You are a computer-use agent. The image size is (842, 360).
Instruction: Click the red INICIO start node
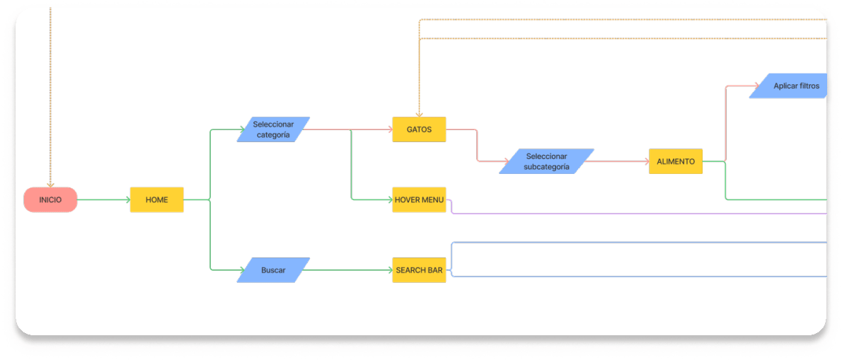(x=50, y=200)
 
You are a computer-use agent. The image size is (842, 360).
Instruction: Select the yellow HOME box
(x=156, y=200)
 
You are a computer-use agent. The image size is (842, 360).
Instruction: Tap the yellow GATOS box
(x=419, y=129)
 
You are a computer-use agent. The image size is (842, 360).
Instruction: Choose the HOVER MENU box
(x=419, y=200)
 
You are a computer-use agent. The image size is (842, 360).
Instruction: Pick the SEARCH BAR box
(x=419, y=270)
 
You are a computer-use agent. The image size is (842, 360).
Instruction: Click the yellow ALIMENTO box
(x=675, y=161)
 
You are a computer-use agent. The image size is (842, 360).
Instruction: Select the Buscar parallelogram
(x=273, y=270)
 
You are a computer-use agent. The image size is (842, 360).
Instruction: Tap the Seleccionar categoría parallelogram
(x=273, y=130)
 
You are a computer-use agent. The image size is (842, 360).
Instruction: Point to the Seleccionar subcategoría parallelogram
(x=546, y=161)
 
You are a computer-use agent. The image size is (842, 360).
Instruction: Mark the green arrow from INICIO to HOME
(x=103, y=200)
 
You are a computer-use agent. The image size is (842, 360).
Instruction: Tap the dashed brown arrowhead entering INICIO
(x=50, y=184)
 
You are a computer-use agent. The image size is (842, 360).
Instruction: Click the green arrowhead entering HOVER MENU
(x=388, y=200)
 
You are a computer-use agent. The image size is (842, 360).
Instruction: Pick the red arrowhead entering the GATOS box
(x=388, y=129)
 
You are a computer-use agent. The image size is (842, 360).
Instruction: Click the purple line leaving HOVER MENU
(x=637, y=213)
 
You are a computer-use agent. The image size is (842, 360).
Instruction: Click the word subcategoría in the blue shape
(x=546, y=167)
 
